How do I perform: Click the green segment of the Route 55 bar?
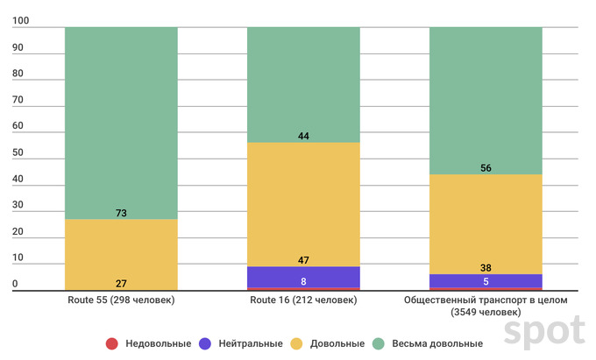[x=121, y=123]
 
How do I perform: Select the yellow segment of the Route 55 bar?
[x=121, y=254]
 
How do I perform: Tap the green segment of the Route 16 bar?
[x=303, y=84]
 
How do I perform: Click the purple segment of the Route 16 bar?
[x=303, y=277]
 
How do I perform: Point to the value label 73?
[x=121, y=213]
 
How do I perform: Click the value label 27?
[x=121, y=284]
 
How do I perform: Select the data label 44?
[x=303, y=136]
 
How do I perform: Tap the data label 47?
[x=303, y=260]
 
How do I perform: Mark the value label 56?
[x=485, y=167]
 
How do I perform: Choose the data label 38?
[x=485, y=268]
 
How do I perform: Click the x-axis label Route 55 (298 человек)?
[x=121, y=300]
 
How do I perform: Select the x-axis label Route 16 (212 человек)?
[x=303, y=300]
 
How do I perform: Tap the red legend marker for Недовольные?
[x=111, y=342]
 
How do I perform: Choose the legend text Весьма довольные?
[x=439, y=342]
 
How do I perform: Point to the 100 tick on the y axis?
[x=20, y=27]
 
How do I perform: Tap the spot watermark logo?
[x=543, y=331]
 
